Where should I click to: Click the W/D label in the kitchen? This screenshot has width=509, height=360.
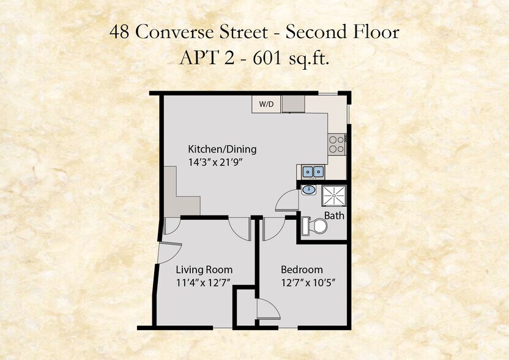[266, 105]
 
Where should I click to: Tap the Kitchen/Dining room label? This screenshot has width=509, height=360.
[221, 149]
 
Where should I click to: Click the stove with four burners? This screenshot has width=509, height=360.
[336, 144]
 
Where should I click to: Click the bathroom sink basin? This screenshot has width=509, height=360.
[310, 190]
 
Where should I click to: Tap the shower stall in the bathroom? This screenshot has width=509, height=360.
[334, 195]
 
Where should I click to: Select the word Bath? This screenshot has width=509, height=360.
[334, 216]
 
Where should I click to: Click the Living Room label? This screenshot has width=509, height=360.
[204, 269]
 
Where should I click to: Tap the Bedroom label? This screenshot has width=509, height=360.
[302, 269]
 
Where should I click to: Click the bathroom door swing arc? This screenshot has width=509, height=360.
[285, 201]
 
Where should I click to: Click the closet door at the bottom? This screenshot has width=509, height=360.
[267, 309]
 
